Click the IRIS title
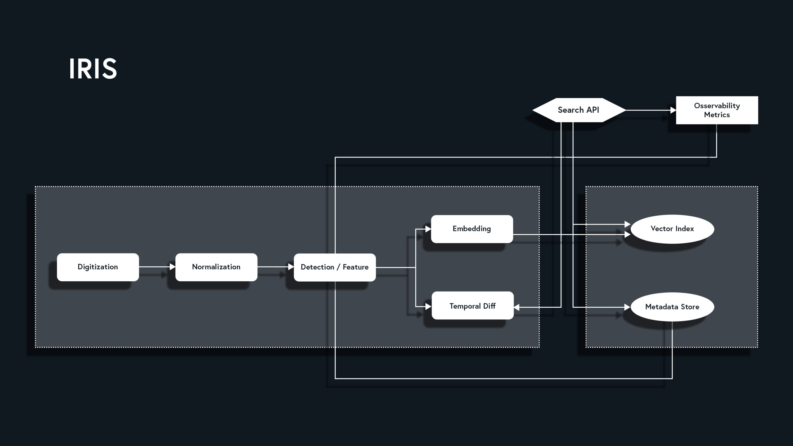93,69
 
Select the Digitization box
98,267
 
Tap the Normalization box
216,267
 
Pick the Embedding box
472,229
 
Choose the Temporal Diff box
472,305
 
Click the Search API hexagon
578,110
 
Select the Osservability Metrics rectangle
717,110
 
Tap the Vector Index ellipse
672,229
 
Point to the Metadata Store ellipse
672,307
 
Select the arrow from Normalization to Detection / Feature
275,267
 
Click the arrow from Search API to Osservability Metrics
651,110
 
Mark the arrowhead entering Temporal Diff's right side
517,307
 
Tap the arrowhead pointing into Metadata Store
628,307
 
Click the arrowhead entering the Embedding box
428,229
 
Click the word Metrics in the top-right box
717,115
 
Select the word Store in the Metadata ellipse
690,307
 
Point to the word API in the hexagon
593,110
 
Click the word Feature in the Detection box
356,267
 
